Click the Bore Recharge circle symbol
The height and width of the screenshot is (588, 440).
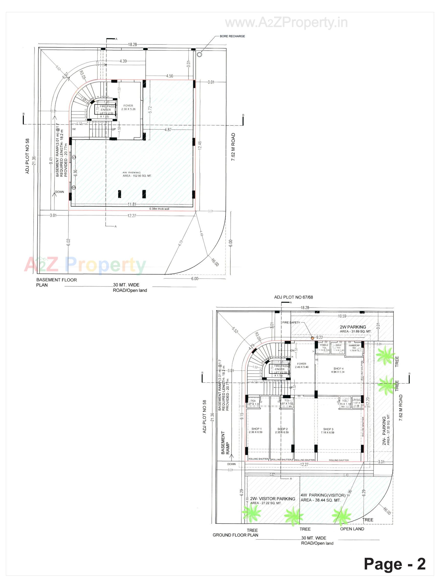(199, 54)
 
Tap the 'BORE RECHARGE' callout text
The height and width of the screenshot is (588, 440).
(232, 36)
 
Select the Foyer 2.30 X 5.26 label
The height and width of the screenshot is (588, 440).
(128, 107)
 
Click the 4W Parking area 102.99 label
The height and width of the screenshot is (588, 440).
(137, 174)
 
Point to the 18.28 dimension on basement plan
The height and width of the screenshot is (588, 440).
(132, 44)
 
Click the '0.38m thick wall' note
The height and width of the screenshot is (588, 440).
(159, 209)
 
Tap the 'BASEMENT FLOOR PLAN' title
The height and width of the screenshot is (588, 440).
(56, 282)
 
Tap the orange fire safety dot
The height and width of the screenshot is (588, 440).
(312, 338)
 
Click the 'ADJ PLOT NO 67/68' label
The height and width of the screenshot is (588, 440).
(293, 297)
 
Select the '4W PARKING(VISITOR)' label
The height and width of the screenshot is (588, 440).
(323, 495)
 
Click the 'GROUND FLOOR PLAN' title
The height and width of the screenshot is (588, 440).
(235, 535)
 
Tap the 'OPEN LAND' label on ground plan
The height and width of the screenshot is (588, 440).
(352, 529)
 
